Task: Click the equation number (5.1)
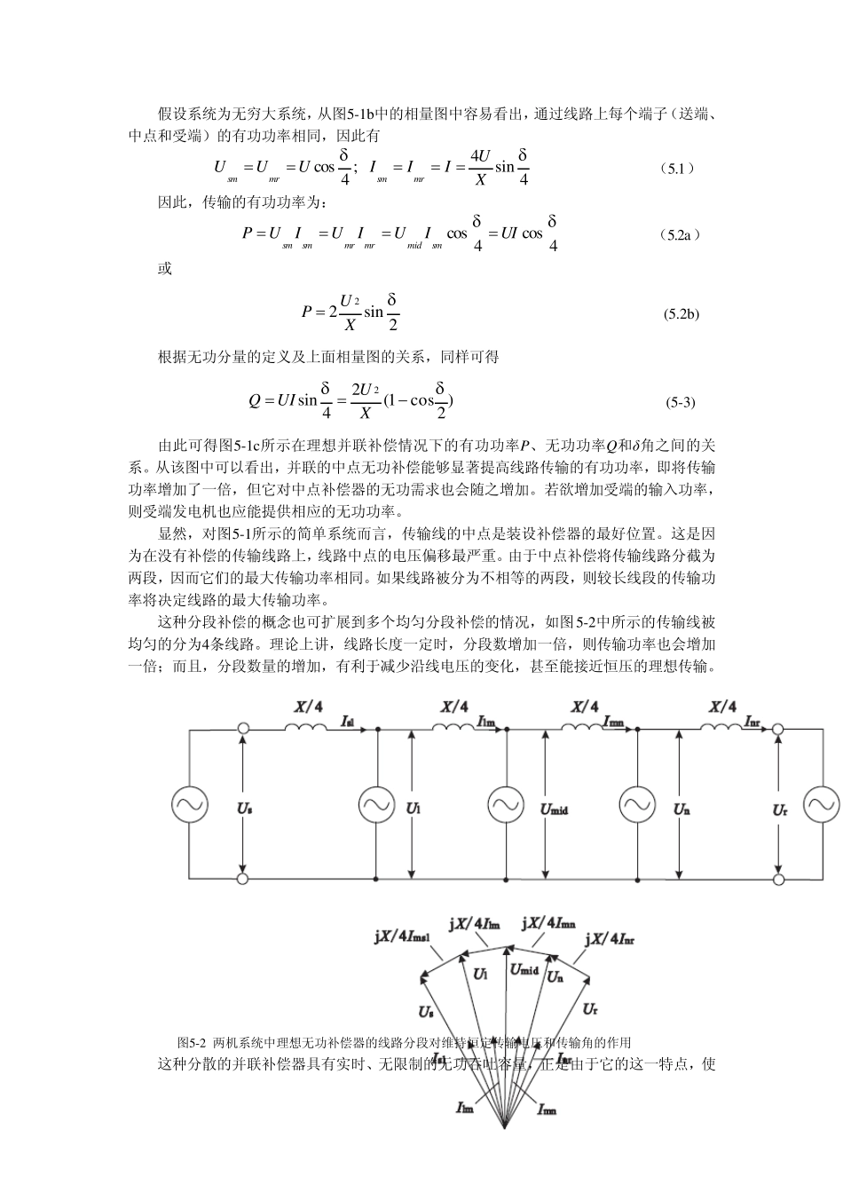click(679, 168)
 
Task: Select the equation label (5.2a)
click(681, 235)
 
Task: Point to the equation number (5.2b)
click(681, 314)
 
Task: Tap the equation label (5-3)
click(681, 402)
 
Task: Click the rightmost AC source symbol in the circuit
click(821, 804)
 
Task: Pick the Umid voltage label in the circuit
click(554, 809)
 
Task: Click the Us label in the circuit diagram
click(244, 809)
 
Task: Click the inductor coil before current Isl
click(305, 727)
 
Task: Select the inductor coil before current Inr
click(721, 727)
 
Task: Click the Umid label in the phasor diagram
click(524, 969)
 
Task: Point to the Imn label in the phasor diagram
click(547, 1109)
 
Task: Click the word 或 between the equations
click(165, 269)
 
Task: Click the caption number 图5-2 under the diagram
click(192, 1042)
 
